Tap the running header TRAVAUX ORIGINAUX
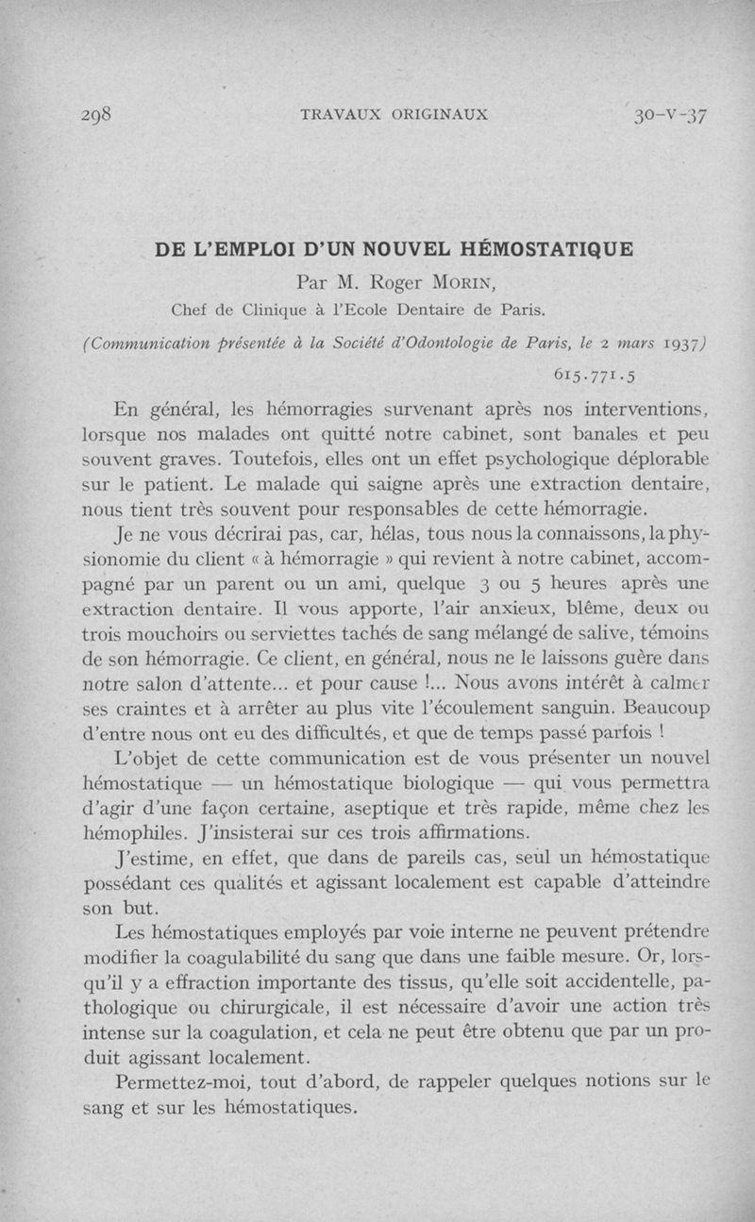(394, 115)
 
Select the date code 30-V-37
(671, 115)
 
